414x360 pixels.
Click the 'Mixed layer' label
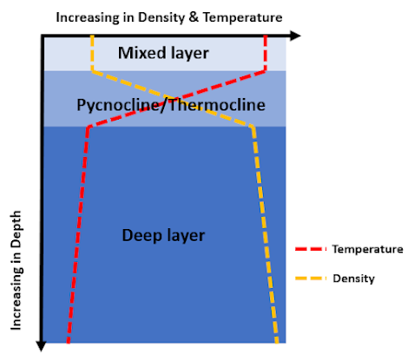(163, 53)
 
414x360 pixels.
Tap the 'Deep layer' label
(163, 235)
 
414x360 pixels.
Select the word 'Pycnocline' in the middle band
(118, 105)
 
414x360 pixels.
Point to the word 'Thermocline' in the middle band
(217, 104)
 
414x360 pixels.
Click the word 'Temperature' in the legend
(367, 249)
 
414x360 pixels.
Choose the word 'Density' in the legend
(353, 278)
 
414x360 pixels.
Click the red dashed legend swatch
(310, 249)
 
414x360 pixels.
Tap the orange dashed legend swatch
(310, 278)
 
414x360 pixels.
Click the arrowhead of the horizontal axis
(296, 36)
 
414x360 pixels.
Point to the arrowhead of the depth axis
(41, 346)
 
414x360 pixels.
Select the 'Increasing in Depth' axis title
(16, 270)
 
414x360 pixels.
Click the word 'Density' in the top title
(161, 17)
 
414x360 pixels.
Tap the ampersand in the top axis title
(194, 17)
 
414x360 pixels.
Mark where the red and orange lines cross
(174, 99)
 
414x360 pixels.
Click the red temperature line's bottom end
(69, 342)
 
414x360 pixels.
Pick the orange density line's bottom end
(277, 342)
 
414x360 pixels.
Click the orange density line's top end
(92, 36)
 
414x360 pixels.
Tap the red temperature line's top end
(266, 36)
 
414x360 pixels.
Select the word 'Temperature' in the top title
(242, 17)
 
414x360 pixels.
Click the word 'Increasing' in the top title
(88, 17)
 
